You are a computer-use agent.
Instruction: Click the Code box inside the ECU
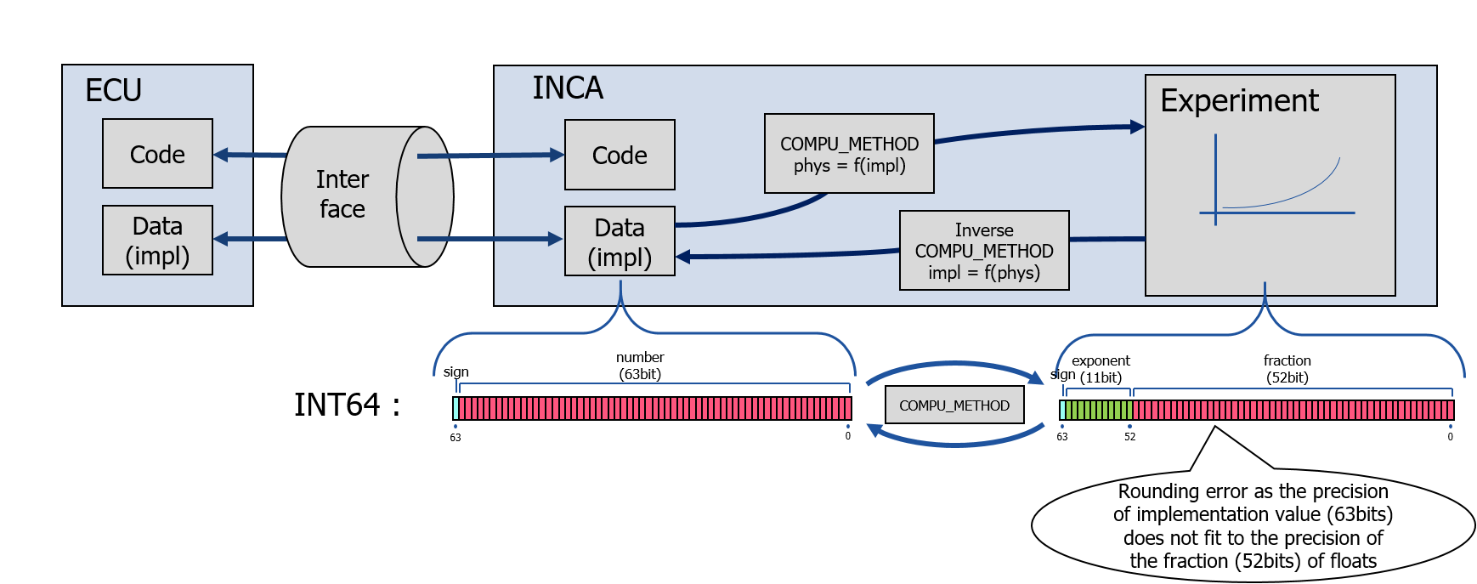157,154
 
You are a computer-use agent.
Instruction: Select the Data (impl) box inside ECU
157,241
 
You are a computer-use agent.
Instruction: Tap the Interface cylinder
357,196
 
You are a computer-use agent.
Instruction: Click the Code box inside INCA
620,155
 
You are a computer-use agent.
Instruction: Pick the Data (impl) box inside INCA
620,241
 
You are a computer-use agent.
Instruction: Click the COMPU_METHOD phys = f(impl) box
849,154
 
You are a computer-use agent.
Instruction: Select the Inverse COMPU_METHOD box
984,251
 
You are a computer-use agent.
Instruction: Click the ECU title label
113,91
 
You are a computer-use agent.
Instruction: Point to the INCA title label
568,88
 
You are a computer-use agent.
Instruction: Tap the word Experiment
1239,101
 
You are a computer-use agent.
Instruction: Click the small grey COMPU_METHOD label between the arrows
954,405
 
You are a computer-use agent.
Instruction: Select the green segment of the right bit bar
1098,411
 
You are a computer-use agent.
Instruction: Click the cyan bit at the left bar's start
456,409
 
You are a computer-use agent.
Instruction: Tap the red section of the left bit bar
654,409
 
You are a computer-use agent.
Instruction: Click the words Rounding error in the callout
1170,491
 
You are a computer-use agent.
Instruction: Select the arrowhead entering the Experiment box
1137,128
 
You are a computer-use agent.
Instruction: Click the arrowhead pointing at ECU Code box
221,155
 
